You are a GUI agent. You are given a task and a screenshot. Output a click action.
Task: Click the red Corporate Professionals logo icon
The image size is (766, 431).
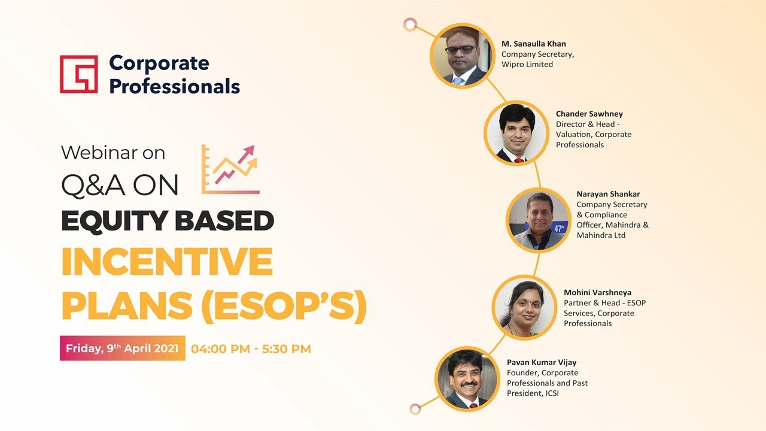[x=78, y=74]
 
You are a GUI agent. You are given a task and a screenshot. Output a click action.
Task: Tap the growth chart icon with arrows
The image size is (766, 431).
[x=231, y=169]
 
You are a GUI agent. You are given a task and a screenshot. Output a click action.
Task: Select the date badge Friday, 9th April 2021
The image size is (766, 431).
[x=122, y=348]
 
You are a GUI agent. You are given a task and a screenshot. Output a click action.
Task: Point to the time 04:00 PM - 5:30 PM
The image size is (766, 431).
[x=251, y=348]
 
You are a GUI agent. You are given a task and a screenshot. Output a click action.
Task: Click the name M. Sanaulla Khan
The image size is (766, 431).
[x=533, y=44]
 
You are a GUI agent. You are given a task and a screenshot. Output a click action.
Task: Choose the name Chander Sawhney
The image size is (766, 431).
[x=589, y=114]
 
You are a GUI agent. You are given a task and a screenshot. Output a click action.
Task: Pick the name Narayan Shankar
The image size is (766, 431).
[x=608, y=194]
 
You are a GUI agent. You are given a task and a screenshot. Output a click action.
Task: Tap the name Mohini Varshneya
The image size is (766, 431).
[x=597, y=293]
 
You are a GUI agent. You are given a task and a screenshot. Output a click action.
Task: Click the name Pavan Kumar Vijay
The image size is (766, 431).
[x=542, y=362]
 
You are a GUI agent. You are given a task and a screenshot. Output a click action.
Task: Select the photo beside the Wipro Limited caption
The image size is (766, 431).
[x=461, y=56]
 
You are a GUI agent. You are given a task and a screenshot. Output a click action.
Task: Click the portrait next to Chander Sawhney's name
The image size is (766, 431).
[x=515, y=133]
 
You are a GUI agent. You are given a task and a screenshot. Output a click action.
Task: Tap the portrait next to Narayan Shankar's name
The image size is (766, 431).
[x=538, y=220]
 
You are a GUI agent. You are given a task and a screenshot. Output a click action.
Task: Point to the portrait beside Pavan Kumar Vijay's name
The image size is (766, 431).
[x=466, y=380]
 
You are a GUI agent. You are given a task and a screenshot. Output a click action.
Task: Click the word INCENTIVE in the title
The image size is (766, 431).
[x=167, y=262]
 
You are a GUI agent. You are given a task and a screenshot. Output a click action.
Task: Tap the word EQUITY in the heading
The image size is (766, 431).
[x=104, y=221]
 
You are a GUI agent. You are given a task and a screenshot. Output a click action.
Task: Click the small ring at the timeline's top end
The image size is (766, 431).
[x=410, y=25]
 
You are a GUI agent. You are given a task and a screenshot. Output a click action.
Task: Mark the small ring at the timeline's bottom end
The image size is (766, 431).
[x=415, y=409]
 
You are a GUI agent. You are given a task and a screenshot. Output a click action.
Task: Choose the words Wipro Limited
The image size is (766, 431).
[x=527, y=64]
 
